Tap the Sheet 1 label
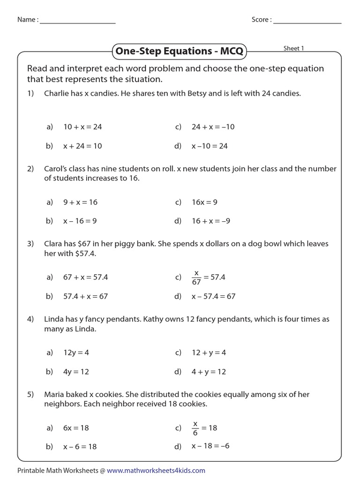(x=294, y=48)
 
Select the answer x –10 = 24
(x=210, y=146)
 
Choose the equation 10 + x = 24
(x=82, y=127)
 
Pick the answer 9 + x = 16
(x=80, y=202)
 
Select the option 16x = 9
(x=204, y=202)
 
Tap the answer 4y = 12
(x=76, y=372)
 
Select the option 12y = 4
(x=76, y=352)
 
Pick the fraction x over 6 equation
(x=204, y=428)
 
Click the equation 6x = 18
(x=76, y=428)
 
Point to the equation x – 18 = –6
(x=210, y=446)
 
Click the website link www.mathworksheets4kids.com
(x=158, y=470)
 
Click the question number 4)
(x=30, y=319)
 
